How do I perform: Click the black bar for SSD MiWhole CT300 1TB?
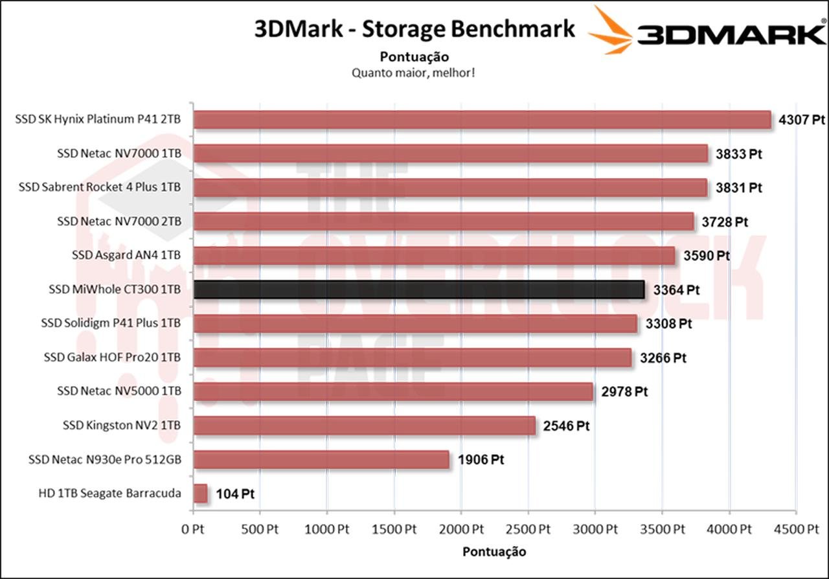[x=419, y=289]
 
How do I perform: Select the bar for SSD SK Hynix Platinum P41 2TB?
[x=482, y=120]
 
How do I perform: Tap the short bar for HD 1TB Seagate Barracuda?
[x=200, y=494]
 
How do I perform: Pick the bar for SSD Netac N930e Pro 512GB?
[x=321, y=460]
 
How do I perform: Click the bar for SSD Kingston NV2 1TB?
[x=365, y=426]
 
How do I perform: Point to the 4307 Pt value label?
[x=801, y=120]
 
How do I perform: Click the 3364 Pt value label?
[x=676, y=289]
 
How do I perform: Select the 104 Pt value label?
[x=234, y=494]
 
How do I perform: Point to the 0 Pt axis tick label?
[x=193, y=529]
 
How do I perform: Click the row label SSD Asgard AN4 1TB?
[x=126, y=255]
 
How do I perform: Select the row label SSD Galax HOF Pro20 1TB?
[x=112, y=357]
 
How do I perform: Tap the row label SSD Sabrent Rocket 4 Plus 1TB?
[x=100, y=187]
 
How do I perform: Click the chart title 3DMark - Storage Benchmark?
[x=414, y=29]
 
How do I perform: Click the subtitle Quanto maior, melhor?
[x=414, y=72]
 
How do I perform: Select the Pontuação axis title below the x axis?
[x=494, y=552]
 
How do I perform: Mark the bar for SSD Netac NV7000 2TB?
[x=444, y=221]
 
